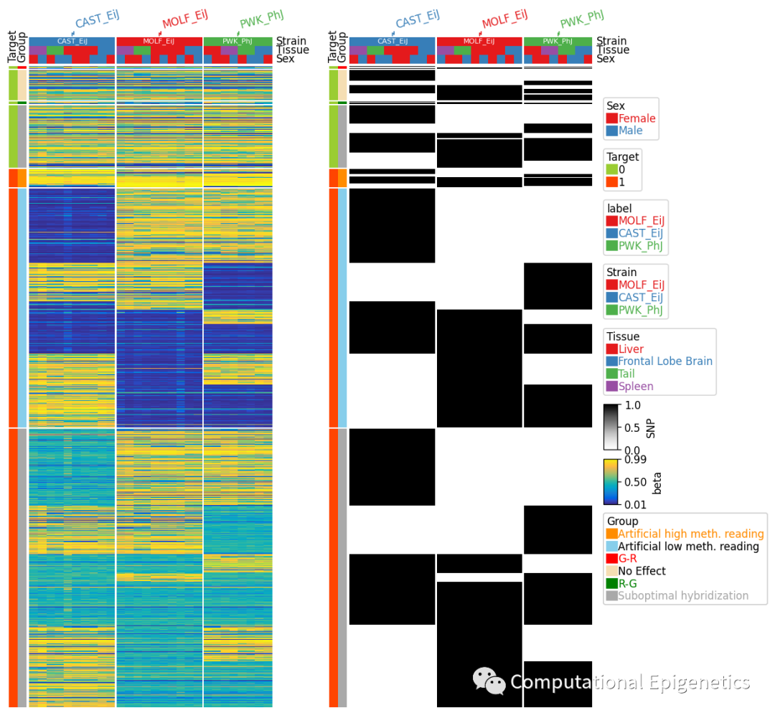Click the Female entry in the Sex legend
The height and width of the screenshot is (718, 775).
coord(637,118)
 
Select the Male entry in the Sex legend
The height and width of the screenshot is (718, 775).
coord(630,131)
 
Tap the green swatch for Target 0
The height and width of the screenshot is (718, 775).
coord(611,169)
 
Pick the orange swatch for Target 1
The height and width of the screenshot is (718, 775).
coord(611,182)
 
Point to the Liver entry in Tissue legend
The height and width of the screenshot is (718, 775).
coord(631,349)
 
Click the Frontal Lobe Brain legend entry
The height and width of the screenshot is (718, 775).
coord(664,362)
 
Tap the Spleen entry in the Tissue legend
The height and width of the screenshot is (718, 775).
coord(635,387)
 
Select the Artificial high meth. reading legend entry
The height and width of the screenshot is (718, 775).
coord(690,534)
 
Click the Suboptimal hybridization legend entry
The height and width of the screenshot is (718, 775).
coord(682,595)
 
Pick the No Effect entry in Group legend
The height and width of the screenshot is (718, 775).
coord(642,571)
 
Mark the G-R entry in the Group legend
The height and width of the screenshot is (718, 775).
coord(628,559)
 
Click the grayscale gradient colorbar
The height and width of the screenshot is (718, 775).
coord(611,428)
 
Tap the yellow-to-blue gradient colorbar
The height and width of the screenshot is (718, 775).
coord(611,481)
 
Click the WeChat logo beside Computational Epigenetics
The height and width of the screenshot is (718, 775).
coord(489,681)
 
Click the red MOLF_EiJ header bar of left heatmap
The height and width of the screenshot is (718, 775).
coord(159,41)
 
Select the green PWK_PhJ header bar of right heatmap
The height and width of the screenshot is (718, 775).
coord(558,41)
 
